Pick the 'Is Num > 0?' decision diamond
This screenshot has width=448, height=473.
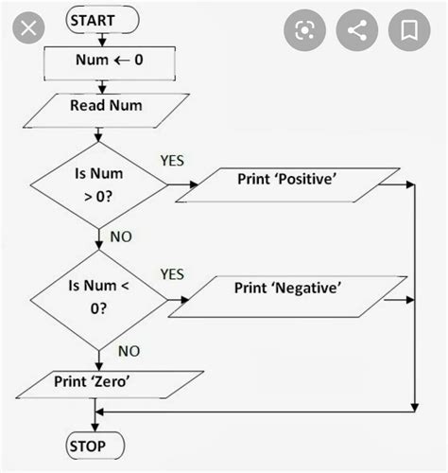pyautogui.click(x=97, y=183)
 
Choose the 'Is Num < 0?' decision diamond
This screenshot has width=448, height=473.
pyautogui.click(x=97, y=300)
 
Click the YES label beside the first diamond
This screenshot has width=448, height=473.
pyautogui.click(x=173, y=160)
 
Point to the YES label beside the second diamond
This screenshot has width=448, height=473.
pyautogui.click(x=171, y=274)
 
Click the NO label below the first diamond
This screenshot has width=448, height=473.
pyautogui.click(x=121, y=236)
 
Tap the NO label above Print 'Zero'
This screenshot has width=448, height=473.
pyautogui.click(x=129, y=351)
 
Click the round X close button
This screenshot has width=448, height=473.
pyautogui.click(x=30, y=28)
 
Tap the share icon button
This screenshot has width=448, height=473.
pyautogui.click(x=357, y=30)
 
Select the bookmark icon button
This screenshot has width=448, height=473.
pyautogui.click(x=410, y=30)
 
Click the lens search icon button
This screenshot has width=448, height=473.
pyautogui.click(x=304, y=30)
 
